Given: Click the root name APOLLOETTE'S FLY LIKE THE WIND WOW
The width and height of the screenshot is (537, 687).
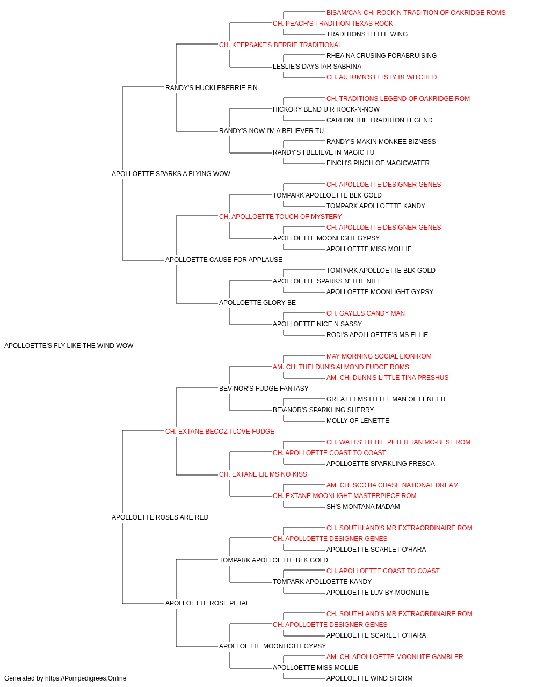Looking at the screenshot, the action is coord(69,346).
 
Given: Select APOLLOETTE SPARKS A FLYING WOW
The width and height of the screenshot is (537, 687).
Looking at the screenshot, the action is coord(171,174).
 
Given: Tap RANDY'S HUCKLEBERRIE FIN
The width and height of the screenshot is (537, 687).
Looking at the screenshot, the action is coord(211,88).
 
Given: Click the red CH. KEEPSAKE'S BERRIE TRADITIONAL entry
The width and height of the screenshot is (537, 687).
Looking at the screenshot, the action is coord(280,45).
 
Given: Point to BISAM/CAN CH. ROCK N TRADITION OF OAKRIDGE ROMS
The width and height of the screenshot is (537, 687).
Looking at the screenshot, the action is coord(416,13).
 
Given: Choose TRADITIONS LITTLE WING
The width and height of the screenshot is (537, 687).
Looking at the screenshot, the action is coord(367,34).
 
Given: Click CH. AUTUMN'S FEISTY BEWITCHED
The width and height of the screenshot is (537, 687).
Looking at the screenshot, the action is coord(381,77).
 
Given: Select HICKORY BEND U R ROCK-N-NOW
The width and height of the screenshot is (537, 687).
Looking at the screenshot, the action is coord(326,109).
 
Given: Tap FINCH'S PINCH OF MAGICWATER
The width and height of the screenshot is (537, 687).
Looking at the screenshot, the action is coord(378,163).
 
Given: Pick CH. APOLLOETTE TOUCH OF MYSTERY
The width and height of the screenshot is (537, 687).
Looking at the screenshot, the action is coord(280,217).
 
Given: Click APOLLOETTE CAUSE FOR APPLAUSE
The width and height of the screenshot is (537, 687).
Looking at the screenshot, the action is coord(223,260).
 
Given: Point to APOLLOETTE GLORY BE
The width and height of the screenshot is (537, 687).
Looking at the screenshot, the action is coord(257,303).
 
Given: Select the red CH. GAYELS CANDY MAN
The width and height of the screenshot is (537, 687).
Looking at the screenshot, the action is coord(366,313).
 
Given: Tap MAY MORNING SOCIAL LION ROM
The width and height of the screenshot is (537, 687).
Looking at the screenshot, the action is coord(379,356).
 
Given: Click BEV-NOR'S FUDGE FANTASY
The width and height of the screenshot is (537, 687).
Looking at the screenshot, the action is coord(264,389).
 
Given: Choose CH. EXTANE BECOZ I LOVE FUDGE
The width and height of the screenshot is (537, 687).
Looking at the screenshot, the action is coord(220,432).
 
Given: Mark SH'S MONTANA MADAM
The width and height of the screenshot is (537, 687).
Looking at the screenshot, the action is coord(363,507).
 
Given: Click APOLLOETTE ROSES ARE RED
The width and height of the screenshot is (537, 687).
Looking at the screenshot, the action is coord(160,517).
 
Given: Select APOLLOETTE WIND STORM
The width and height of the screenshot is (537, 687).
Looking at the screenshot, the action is coord(369,678).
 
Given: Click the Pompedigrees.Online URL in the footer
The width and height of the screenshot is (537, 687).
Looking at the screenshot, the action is coord(85,678).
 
